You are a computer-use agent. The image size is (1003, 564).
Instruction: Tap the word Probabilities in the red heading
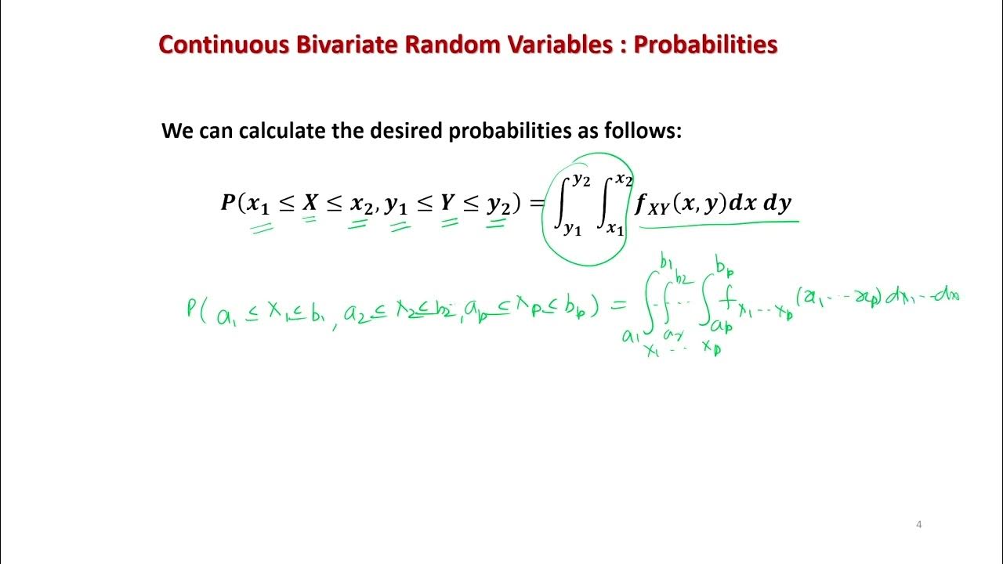705,45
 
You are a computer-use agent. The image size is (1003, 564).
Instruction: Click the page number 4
918,524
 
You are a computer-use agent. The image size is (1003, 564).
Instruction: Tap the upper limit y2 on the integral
581,179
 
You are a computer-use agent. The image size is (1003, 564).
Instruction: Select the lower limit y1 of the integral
572,230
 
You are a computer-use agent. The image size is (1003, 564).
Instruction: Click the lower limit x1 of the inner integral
614,229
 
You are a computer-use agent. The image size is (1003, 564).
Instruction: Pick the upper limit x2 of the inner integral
624,179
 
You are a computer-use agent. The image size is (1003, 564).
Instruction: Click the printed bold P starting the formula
228,204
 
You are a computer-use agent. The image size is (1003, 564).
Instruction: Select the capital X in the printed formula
311,204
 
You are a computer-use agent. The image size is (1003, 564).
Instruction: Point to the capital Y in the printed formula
447,204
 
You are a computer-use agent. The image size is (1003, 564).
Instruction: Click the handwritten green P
192,306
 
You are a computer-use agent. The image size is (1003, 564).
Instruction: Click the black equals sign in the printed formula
537,204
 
